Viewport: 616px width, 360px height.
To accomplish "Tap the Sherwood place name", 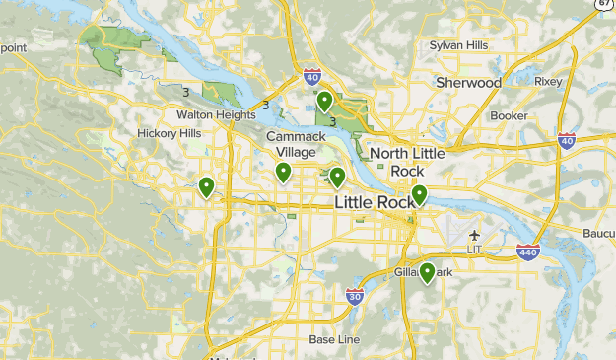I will pyautogui.click(x=468, y=83).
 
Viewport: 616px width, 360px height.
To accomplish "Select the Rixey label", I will pyautogui.click(x=548, y=81).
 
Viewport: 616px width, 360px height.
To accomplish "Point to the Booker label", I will pyautogui.click(x=510, y=115).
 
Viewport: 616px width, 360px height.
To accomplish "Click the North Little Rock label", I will pyautogui.click(x=407, y=162).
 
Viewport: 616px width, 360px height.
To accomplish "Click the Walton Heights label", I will pyautogui.click(x=216, y=114).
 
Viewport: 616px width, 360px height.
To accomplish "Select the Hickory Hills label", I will pyautogui.click(x=169, y=133).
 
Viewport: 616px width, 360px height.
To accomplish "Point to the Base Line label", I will pyautogui.click(x=334, y=339).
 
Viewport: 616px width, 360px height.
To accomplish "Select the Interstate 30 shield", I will pyautogui.click(x=355, y=295).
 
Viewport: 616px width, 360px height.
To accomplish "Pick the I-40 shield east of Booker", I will pyautogui.click(x=567, y=141).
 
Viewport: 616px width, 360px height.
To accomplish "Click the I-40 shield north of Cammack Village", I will pyautogui.click(x=311, y=76).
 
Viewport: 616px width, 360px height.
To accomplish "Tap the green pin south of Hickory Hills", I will pyautogui.click(x=206, y=185).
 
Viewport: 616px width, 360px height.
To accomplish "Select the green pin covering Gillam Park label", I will pyautogui.click(x=428, y=271).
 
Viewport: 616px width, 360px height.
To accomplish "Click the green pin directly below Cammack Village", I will pyautogui.click(x=283, y=173).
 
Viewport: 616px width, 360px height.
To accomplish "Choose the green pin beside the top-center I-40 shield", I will pyautogui.click(x=324, y=100).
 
